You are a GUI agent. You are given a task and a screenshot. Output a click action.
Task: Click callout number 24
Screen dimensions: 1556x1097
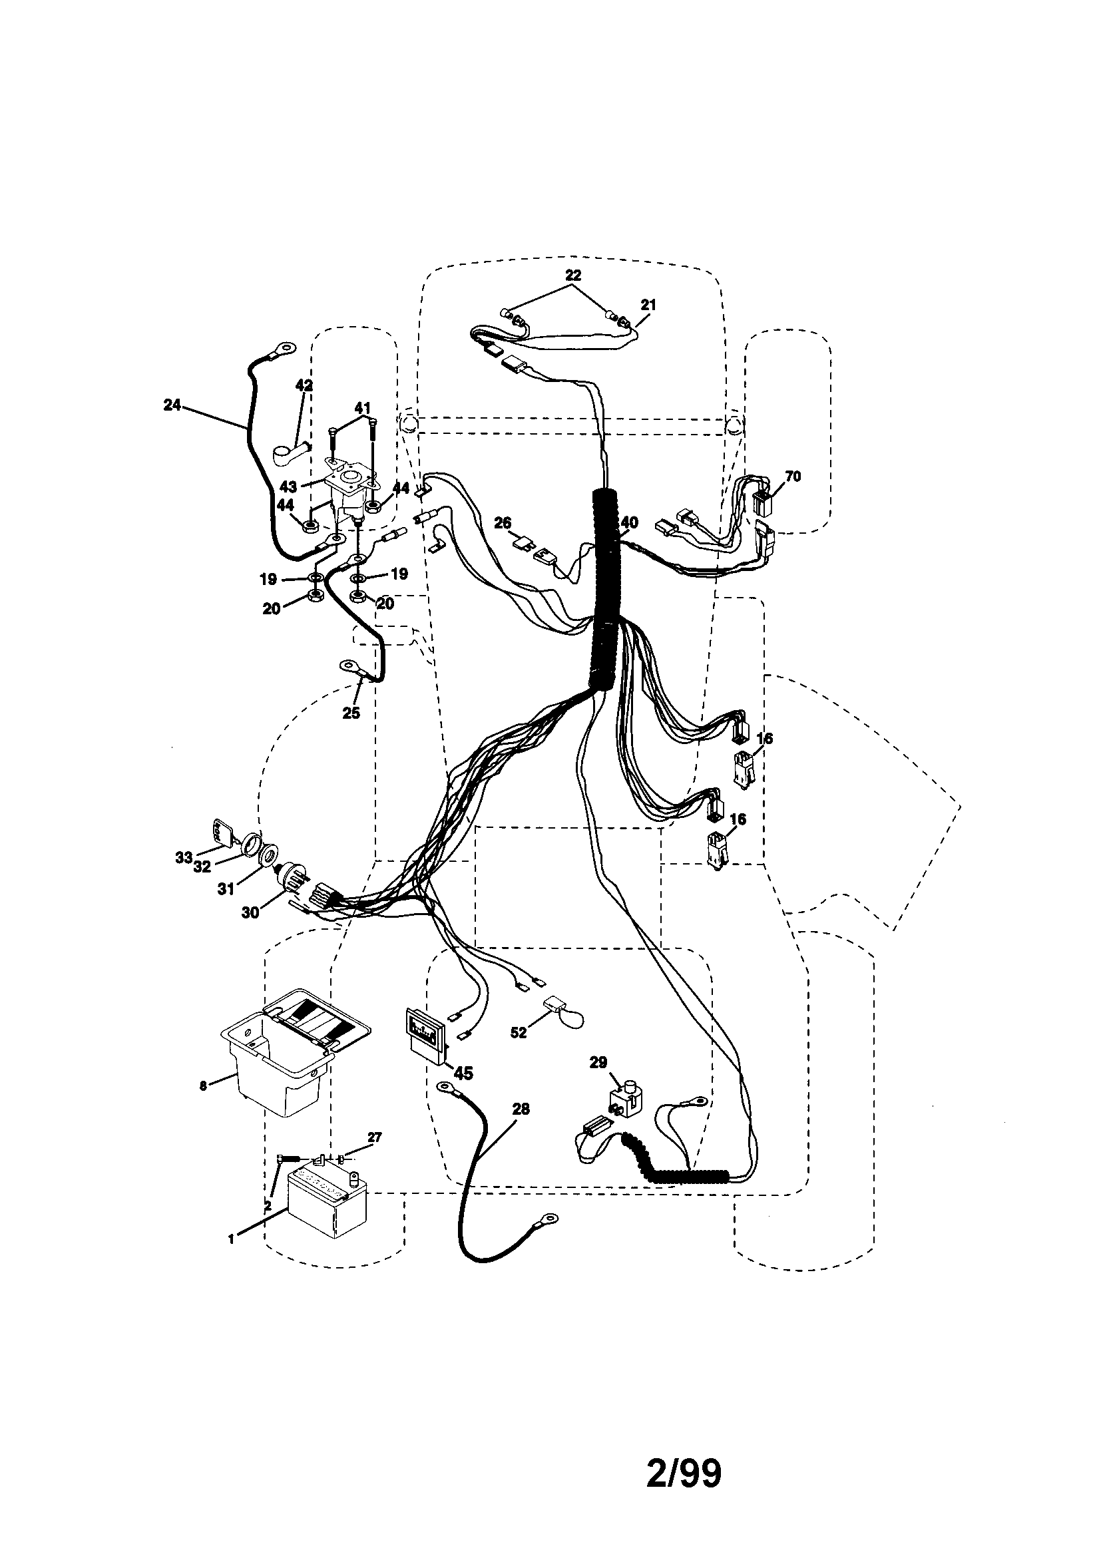pos(172,405)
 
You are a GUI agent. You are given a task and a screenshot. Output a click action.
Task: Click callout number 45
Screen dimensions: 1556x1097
pos(464,1073)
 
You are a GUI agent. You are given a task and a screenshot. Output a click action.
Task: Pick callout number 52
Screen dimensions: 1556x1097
pos(518,1034)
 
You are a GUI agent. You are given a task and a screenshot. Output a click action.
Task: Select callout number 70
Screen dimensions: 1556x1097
pos(792,477)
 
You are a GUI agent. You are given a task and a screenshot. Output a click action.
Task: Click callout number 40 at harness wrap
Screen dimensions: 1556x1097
pos(629,522)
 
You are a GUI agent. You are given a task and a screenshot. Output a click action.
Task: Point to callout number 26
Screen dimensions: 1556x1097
pos(503,522)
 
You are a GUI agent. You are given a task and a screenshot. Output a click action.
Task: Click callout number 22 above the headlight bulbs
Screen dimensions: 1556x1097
pos(573,275)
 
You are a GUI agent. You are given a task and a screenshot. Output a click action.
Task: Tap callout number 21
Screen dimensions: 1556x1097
pos(648,305)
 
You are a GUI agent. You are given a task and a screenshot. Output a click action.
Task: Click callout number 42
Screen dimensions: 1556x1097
pos(304,385)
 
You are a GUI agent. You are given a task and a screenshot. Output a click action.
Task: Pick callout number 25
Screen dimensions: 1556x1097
pos(351,713)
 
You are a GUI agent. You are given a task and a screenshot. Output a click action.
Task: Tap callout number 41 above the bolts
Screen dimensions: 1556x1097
pos(363,408)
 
